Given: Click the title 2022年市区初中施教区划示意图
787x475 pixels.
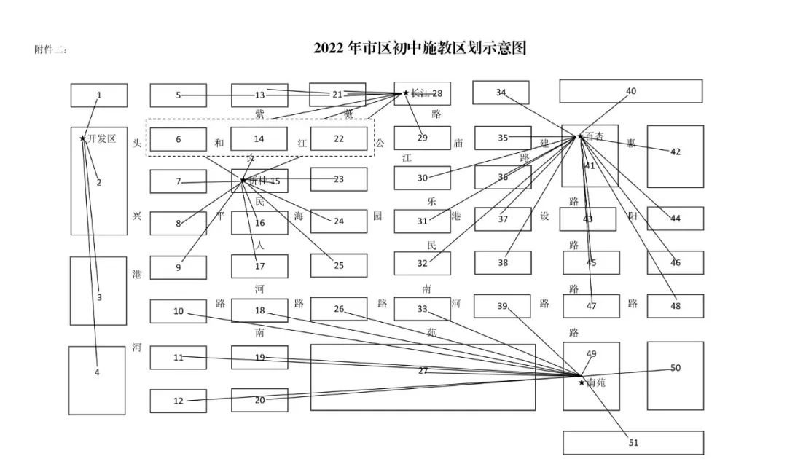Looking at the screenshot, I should click(x=420, y=48).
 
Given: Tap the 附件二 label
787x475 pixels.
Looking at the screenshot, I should click(x=51, y=50).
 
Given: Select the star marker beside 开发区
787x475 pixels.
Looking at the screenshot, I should click(x=82, y=138).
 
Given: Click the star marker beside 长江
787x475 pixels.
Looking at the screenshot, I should click(x=406, y=93).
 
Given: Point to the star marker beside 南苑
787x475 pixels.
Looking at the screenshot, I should click(x=581, y=382).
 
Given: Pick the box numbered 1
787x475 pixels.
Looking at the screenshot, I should click(x=99, y=95).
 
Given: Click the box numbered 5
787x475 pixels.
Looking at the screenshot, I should click(x=179, y=95).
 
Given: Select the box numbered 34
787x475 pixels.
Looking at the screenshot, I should click(x=501, y=93).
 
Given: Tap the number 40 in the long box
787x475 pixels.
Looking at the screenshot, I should click(x=631, y=91).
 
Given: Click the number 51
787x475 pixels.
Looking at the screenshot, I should click(x=633, y=442).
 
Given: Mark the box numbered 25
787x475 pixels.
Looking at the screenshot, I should click(x=339, y=266).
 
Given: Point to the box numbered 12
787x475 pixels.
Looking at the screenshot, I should click(x=179, y=401).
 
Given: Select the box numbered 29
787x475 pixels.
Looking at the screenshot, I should click(x=423, y=138).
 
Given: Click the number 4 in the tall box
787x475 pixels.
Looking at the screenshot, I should click(x=97, y=372).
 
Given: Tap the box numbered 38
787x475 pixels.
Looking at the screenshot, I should click(x=503, y=262).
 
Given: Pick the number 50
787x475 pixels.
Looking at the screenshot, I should click(x=676, y=368).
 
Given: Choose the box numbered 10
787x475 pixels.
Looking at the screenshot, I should click(x=179, y=311).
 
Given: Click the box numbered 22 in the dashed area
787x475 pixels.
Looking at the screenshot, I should click(x=339, y=139).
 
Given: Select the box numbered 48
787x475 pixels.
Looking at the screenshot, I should click(x=676, y=306).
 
